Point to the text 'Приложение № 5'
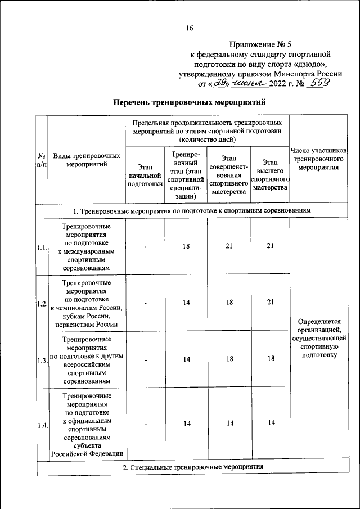[262, 44]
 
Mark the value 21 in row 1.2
[270, 303]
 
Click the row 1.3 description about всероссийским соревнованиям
[86, 360]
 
